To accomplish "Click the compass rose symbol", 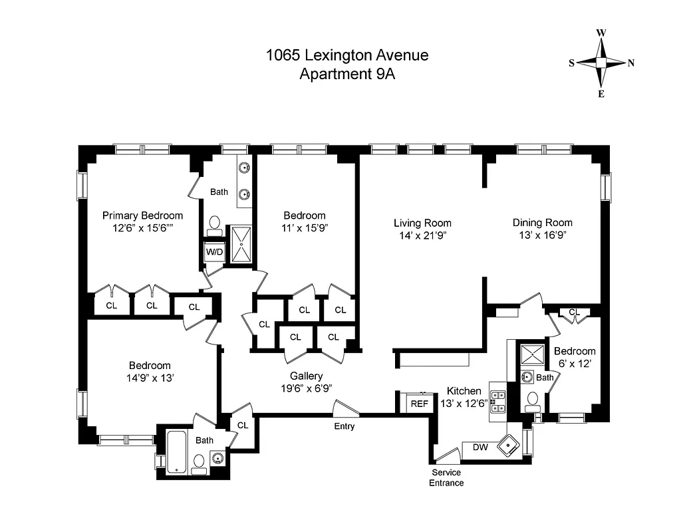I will point(601,63).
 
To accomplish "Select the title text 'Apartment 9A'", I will point(347,74).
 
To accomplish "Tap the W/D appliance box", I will point(214,253).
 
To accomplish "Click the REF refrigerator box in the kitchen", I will point(419,404).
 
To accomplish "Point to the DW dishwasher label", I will point(480,448).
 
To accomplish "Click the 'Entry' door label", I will point(344,426).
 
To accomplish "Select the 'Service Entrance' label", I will point(446,477).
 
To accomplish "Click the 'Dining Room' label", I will point(542,223).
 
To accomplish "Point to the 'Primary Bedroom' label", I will point(142,215).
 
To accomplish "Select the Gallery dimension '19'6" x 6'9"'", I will point(306,388).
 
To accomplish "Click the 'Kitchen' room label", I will point(464,391).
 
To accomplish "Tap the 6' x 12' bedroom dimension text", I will point(574,363).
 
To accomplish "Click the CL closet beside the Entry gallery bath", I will point(242,425).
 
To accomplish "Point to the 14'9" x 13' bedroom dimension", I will point(150,378).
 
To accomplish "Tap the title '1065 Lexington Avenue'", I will point(347,55).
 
